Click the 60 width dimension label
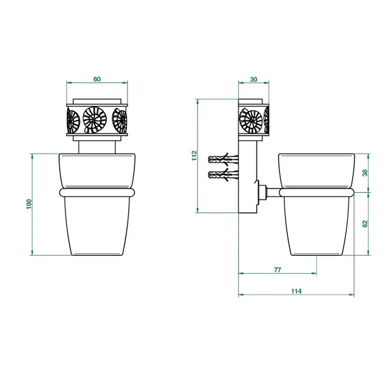pos(97,79)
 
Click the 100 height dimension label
pos(29,204)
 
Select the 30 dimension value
pos(254,80)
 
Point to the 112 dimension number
pos(194,156)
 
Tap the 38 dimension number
pos(365,172)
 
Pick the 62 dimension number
pos(365,224)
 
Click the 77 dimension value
pos(278,270)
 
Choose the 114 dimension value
pos(296,291)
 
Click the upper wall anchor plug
pos(223,159)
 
